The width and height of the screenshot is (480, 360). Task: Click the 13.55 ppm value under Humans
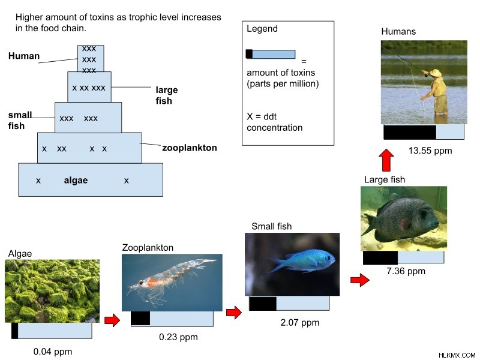(x=430, y=151)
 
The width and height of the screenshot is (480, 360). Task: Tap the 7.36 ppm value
(x=406, y=272)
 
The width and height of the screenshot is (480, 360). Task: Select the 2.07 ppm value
(x=299, y=323)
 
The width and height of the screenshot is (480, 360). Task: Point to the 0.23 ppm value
(x=178, y=337)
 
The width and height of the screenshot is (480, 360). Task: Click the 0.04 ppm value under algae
(x=53, y=352)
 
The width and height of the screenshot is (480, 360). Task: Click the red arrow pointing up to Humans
(x=386, y=160)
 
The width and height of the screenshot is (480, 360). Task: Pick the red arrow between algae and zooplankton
(x=112, y=320)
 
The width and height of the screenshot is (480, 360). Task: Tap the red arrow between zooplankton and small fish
(x=234, y=313)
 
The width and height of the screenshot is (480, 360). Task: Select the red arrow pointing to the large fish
(x=359, y=280)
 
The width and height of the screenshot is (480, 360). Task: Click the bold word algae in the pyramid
(x=76, y=181)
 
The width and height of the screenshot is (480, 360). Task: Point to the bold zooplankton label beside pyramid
(x=190, y=148)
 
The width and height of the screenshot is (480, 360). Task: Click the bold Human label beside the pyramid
(x=24, y=56)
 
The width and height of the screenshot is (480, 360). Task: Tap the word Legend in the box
(x=262, y=29)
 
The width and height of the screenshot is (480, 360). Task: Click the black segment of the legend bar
(x=249, y=54)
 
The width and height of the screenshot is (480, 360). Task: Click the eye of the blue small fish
(x=328, y=258)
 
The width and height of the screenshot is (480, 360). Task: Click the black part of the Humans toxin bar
(x=410, y=132)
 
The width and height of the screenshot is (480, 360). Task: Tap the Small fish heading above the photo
(x=272, y=227)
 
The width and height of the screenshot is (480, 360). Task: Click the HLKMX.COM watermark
(x=457, y=355)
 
